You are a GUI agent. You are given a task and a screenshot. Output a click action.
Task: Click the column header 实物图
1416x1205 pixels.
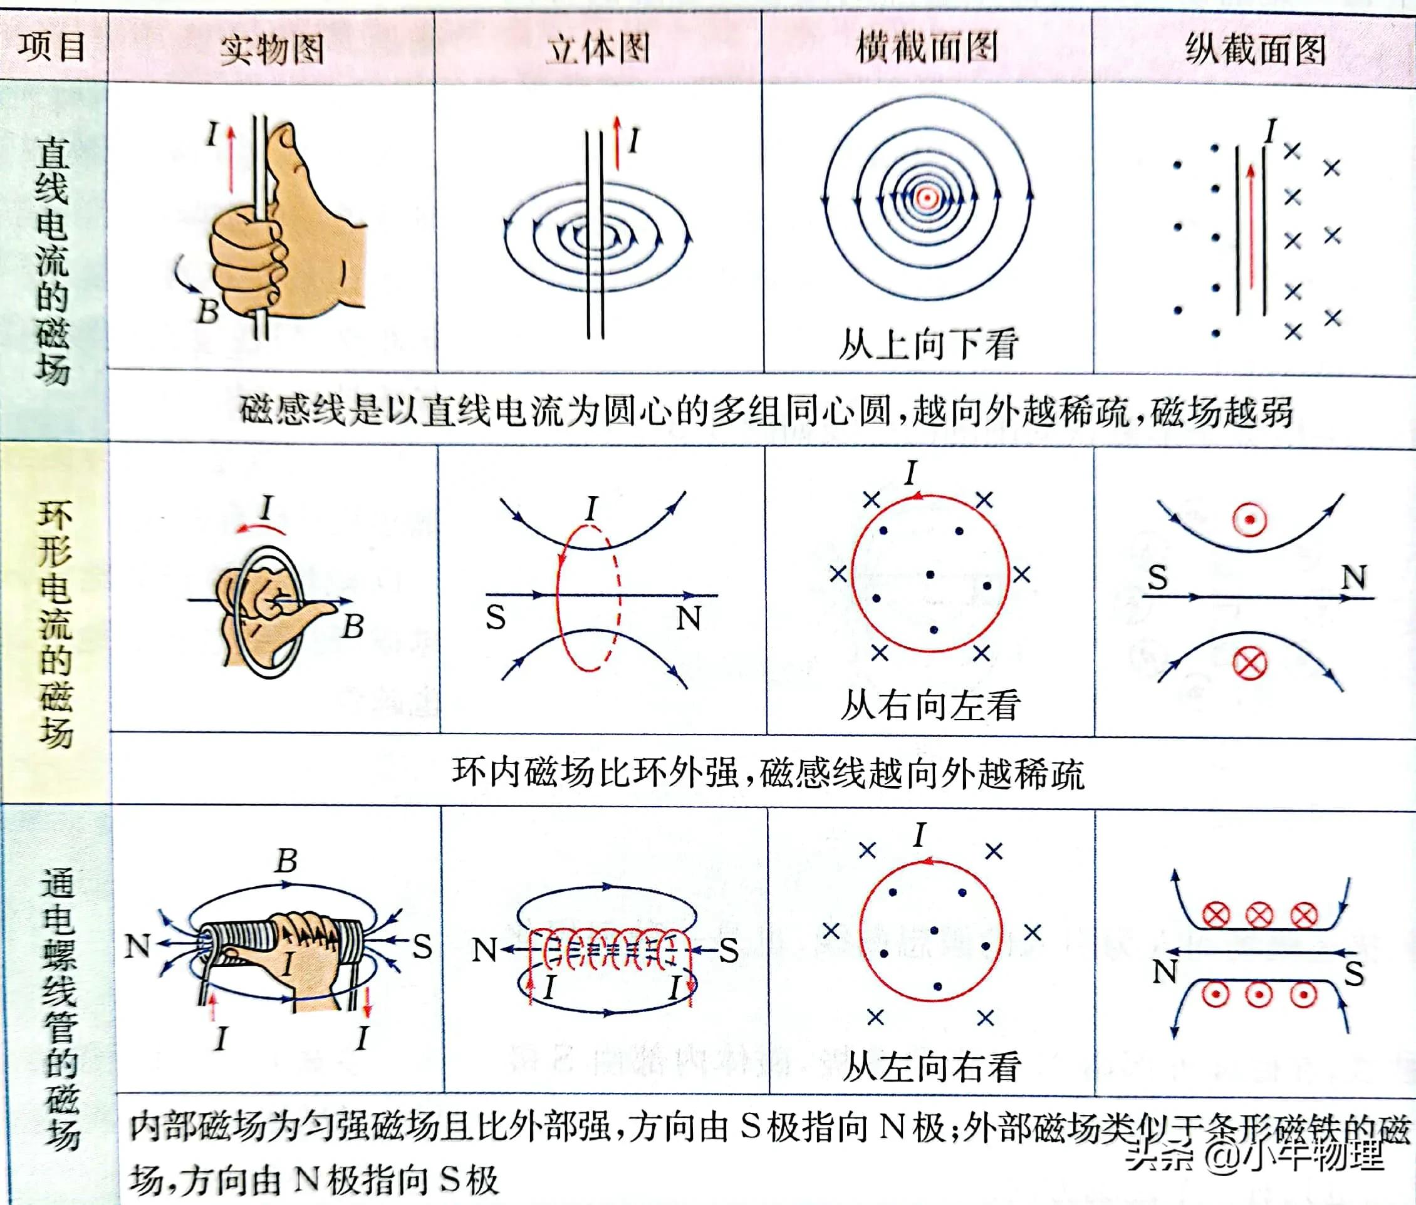pos(271,49)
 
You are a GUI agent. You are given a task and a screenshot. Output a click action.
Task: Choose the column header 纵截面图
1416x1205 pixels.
pos(1255,49)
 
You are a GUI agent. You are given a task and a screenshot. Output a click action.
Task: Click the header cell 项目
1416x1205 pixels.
pos(52,46)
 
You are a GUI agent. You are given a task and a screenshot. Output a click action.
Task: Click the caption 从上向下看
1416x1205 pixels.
pos(927,344)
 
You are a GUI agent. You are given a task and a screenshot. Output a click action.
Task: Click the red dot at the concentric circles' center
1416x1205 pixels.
pos(926,198)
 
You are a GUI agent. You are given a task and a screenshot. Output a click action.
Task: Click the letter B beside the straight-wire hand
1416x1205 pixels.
pos(208,311)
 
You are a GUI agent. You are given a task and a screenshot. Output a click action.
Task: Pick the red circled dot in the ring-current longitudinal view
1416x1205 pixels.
pos(1250,520)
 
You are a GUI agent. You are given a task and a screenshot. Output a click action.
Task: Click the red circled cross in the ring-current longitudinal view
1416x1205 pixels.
pos(1250,663)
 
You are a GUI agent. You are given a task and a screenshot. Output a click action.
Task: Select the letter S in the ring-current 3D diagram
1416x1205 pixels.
pos(496,618)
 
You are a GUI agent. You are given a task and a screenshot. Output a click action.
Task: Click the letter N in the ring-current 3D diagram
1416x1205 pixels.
pos(688,618)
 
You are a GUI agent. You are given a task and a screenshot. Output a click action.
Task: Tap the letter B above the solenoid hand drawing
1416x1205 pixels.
pos(286,861)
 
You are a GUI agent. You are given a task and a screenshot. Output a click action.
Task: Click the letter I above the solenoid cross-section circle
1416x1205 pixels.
pos(920,835)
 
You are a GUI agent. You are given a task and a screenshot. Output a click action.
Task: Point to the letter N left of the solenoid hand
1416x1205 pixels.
pos(137,946)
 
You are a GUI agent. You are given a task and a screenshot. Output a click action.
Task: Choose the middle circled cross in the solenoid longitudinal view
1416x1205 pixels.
pos(1259,916)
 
